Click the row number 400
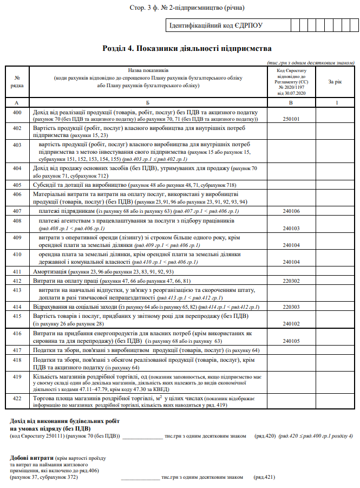pos(17,112)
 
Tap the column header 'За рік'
pos(335,82)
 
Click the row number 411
pos(17,272)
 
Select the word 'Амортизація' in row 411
pos(50,272)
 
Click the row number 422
pos(17,399)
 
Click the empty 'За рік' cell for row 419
pos(335,382)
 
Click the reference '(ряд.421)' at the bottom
pos(264,478)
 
